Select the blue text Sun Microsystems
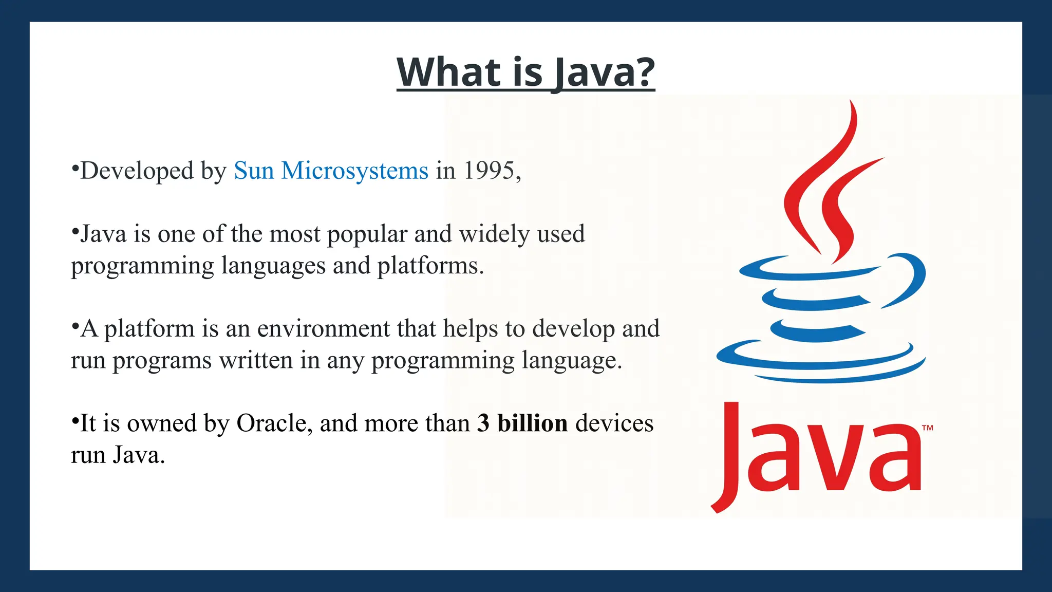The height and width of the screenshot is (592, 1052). (x=331, y=171)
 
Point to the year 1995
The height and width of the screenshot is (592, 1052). (x=489, y=171)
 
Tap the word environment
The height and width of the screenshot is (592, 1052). (x=323, y=329)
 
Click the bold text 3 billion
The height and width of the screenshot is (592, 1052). (x=522, y=423)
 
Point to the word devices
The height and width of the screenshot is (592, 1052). (x=614, y=423)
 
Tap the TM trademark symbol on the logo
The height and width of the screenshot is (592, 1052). (x=927, y=428)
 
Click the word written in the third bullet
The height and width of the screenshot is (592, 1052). (x=256, y=361)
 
